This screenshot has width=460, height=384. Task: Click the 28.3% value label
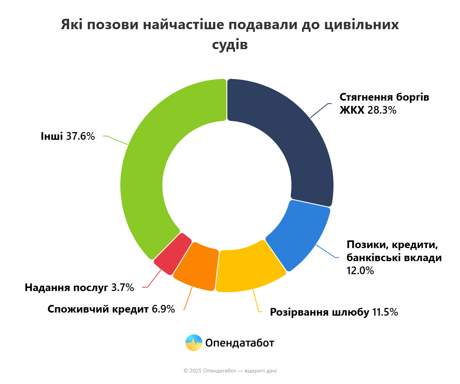382,111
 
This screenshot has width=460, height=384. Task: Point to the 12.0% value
360,271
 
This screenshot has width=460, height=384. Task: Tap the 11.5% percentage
385,312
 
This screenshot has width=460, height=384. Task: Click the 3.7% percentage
123,288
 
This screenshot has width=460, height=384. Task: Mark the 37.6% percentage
80,136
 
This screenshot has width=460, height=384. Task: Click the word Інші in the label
52,136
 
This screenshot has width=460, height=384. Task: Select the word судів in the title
230,45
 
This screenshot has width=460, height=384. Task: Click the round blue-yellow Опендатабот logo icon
194,343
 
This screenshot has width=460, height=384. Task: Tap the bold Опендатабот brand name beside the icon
240,343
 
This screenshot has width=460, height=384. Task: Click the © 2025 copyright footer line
230,371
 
